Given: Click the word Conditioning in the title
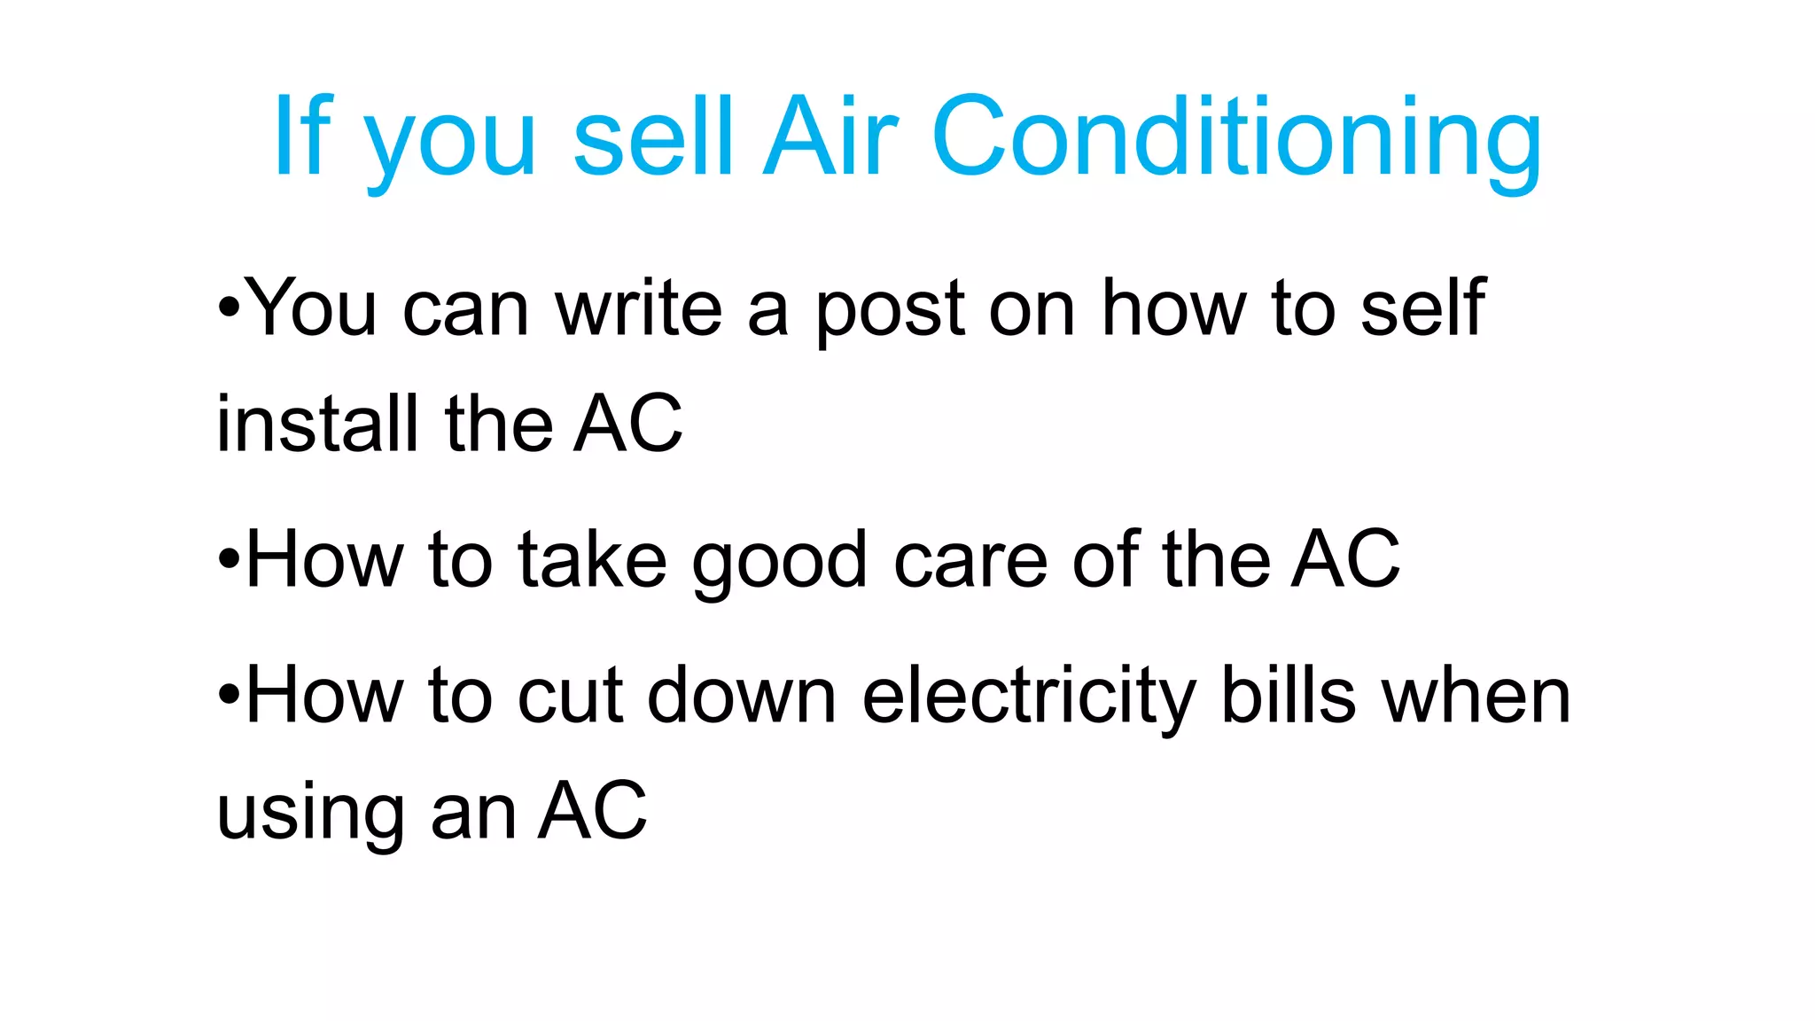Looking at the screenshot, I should point(1236,137).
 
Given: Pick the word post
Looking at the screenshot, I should point(889,310).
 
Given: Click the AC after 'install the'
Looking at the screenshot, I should point(627,424).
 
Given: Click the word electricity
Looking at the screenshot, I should point(1028,697).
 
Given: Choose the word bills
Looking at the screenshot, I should point(1288,695).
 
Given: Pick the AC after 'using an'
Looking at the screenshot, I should point(593,810).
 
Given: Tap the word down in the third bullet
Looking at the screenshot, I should point(742,695).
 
